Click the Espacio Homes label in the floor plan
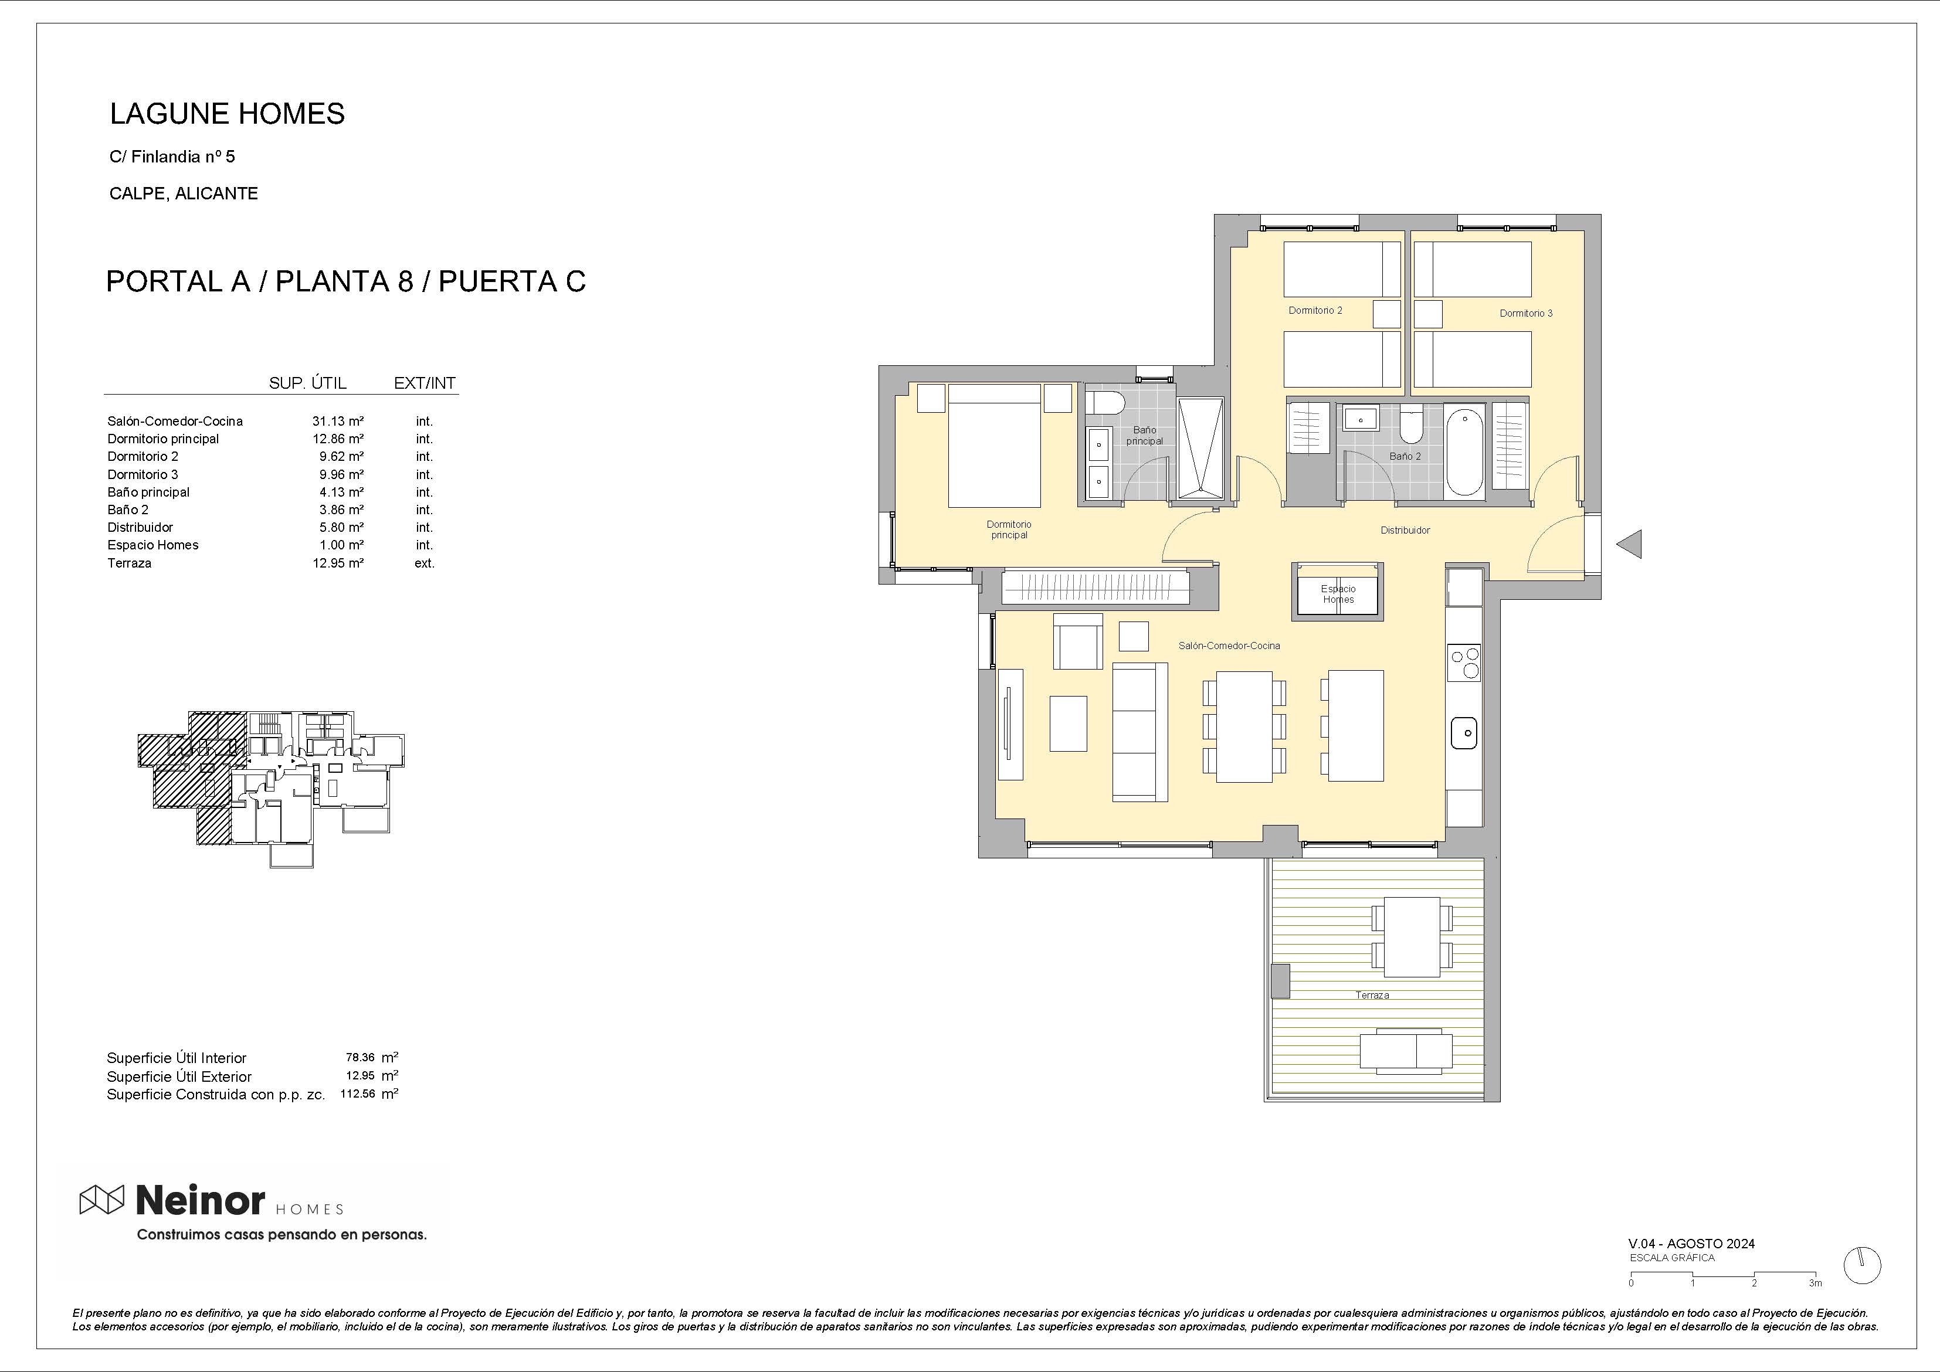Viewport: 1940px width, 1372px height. point(1338,594)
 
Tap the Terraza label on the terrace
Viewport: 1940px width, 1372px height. point(1372,995)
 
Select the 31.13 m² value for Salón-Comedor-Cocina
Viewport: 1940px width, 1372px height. point(338,421)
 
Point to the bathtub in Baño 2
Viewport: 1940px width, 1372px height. point(1464,453)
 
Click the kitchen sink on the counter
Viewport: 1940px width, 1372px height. point(1464,732)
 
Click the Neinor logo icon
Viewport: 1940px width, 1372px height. point(101,1200)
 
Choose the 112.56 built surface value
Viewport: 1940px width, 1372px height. point(357,1093)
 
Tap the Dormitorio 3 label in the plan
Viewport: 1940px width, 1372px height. point(1526,314)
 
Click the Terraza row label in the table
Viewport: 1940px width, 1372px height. point(129,563)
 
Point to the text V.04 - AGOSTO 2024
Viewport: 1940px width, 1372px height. point(1691,1244)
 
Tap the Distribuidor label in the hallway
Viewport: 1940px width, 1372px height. point(1405,531)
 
